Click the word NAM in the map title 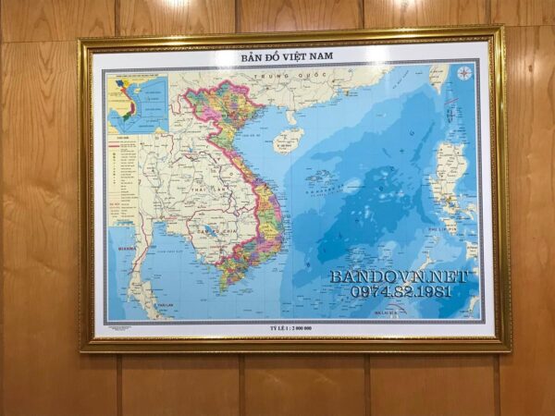click(x=316, y=55)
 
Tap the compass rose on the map click(x=463, y=73)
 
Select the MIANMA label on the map click(x=120, y=248)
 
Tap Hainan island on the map click(x=288, y=140)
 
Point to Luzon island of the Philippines click(x=449, y=176)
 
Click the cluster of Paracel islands click(x=319, y=176)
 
